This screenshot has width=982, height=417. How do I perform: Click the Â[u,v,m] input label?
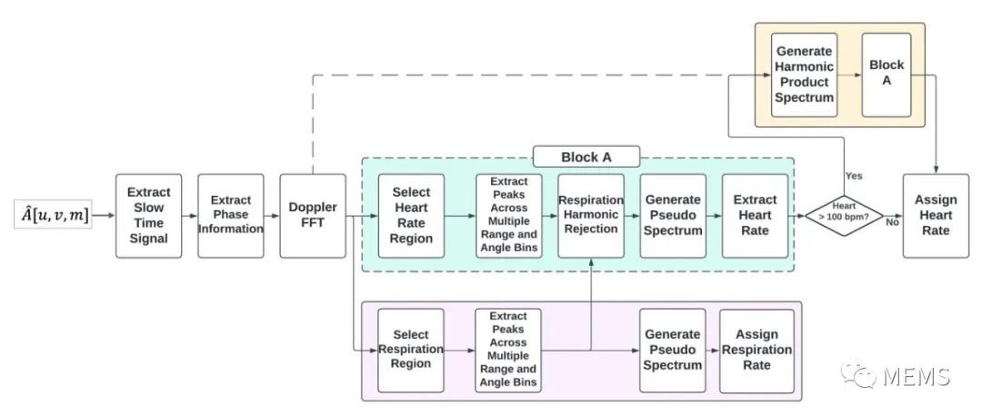point(54,215)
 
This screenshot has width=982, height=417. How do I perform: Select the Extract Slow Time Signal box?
point(148,216)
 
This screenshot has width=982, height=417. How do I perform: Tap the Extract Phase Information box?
point(230,216)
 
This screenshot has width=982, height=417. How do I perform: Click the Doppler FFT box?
point(313,216)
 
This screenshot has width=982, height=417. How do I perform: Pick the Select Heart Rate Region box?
point(411,216)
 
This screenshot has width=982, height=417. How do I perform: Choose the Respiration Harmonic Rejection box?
point(591,216)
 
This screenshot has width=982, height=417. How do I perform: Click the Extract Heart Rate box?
point(755,216)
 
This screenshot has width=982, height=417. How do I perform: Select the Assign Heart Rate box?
point(936,216)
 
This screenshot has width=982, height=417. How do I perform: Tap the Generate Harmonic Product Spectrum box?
point(804,76)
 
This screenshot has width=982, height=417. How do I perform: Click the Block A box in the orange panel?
point(887,76)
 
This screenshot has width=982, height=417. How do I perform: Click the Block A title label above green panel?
point(586,157)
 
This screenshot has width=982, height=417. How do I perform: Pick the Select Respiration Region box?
point(411,350)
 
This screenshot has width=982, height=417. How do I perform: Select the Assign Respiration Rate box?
point(757,350)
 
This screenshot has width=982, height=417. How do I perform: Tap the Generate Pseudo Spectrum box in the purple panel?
point(673,350)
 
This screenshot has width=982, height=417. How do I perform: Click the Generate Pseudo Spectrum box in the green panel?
point(673,216)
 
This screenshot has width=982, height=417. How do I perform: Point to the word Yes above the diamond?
point(854,177)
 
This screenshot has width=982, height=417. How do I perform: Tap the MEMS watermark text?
point(917,376)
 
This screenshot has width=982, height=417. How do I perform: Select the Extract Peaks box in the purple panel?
point(508,350)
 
